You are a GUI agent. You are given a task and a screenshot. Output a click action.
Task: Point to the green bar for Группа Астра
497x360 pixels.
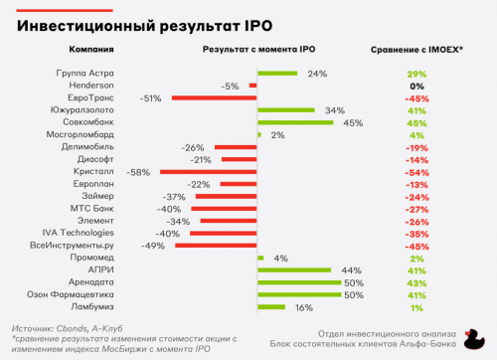click(x=278, y=74)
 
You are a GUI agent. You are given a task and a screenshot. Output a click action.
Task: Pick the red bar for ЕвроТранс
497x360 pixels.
click(x=214, y=97)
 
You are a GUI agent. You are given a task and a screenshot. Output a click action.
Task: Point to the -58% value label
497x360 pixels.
click(x=140, y=171)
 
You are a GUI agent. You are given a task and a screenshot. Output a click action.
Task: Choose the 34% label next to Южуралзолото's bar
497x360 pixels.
click(x=335, y=110)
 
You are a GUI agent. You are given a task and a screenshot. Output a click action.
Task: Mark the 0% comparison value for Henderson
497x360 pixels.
click(x=416, y=86)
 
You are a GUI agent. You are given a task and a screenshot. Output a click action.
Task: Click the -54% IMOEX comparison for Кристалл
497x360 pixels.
click(x=416, y=171)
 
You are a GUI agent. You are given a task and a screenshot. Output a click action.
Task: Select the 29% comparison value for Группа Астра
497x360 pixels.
click(x=416, y=74)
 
